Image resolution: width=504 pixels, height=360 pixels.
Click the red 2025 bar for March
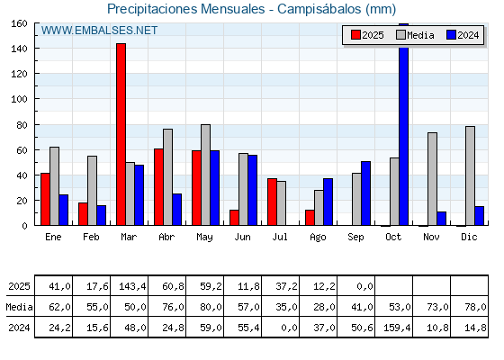pyautogui.click(x=121, y=134)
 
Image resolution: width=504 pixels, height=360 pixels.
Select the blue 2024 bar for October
pyautogui.click(x=404, y=124)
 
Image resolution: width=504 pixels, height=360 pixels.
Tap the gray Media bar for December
pyautogui.click(x=470, y=175)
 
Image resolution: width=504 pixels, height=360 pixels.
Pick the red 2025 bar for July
pyautogui.click(x=272, y=202)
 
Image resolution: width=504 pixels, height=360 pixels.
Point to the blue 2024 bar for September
pyautogui.click(x=365, y=193)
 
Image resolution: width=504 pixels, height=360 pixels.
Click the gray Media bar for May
pyautogui.click(x=206, y=175)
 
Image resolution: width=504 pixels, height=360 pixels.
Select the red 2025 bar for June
pyautogui.click(x=234, y=218)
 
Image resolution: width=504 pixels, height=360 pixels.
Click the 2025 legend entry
pyautogui.click(x=367, y=35)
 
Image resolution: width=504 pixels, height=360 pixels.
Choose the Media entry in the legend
pyautogui.click(x=415, y=35)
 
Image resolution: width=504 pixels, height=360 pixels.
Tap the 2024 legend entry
pyautogui.click(x=463, y=35)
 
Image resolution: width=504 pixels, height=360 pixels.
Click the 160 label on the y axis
pyautogui.click(x=19, y=23)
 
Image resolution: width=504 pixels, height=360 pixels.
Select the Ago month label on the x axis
pyautogui.click(x=318, y=238)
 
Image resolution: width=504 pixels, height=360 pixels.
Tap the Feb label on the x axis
pyautogui.click(x=91, y=237)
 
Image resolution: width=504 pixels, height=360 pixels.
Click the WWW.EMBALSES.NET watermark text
pyautogui.click(x=99, y=31)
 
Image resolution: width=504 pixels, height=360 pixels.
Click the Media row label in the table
pyautogui.click(x=19, y=307)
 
